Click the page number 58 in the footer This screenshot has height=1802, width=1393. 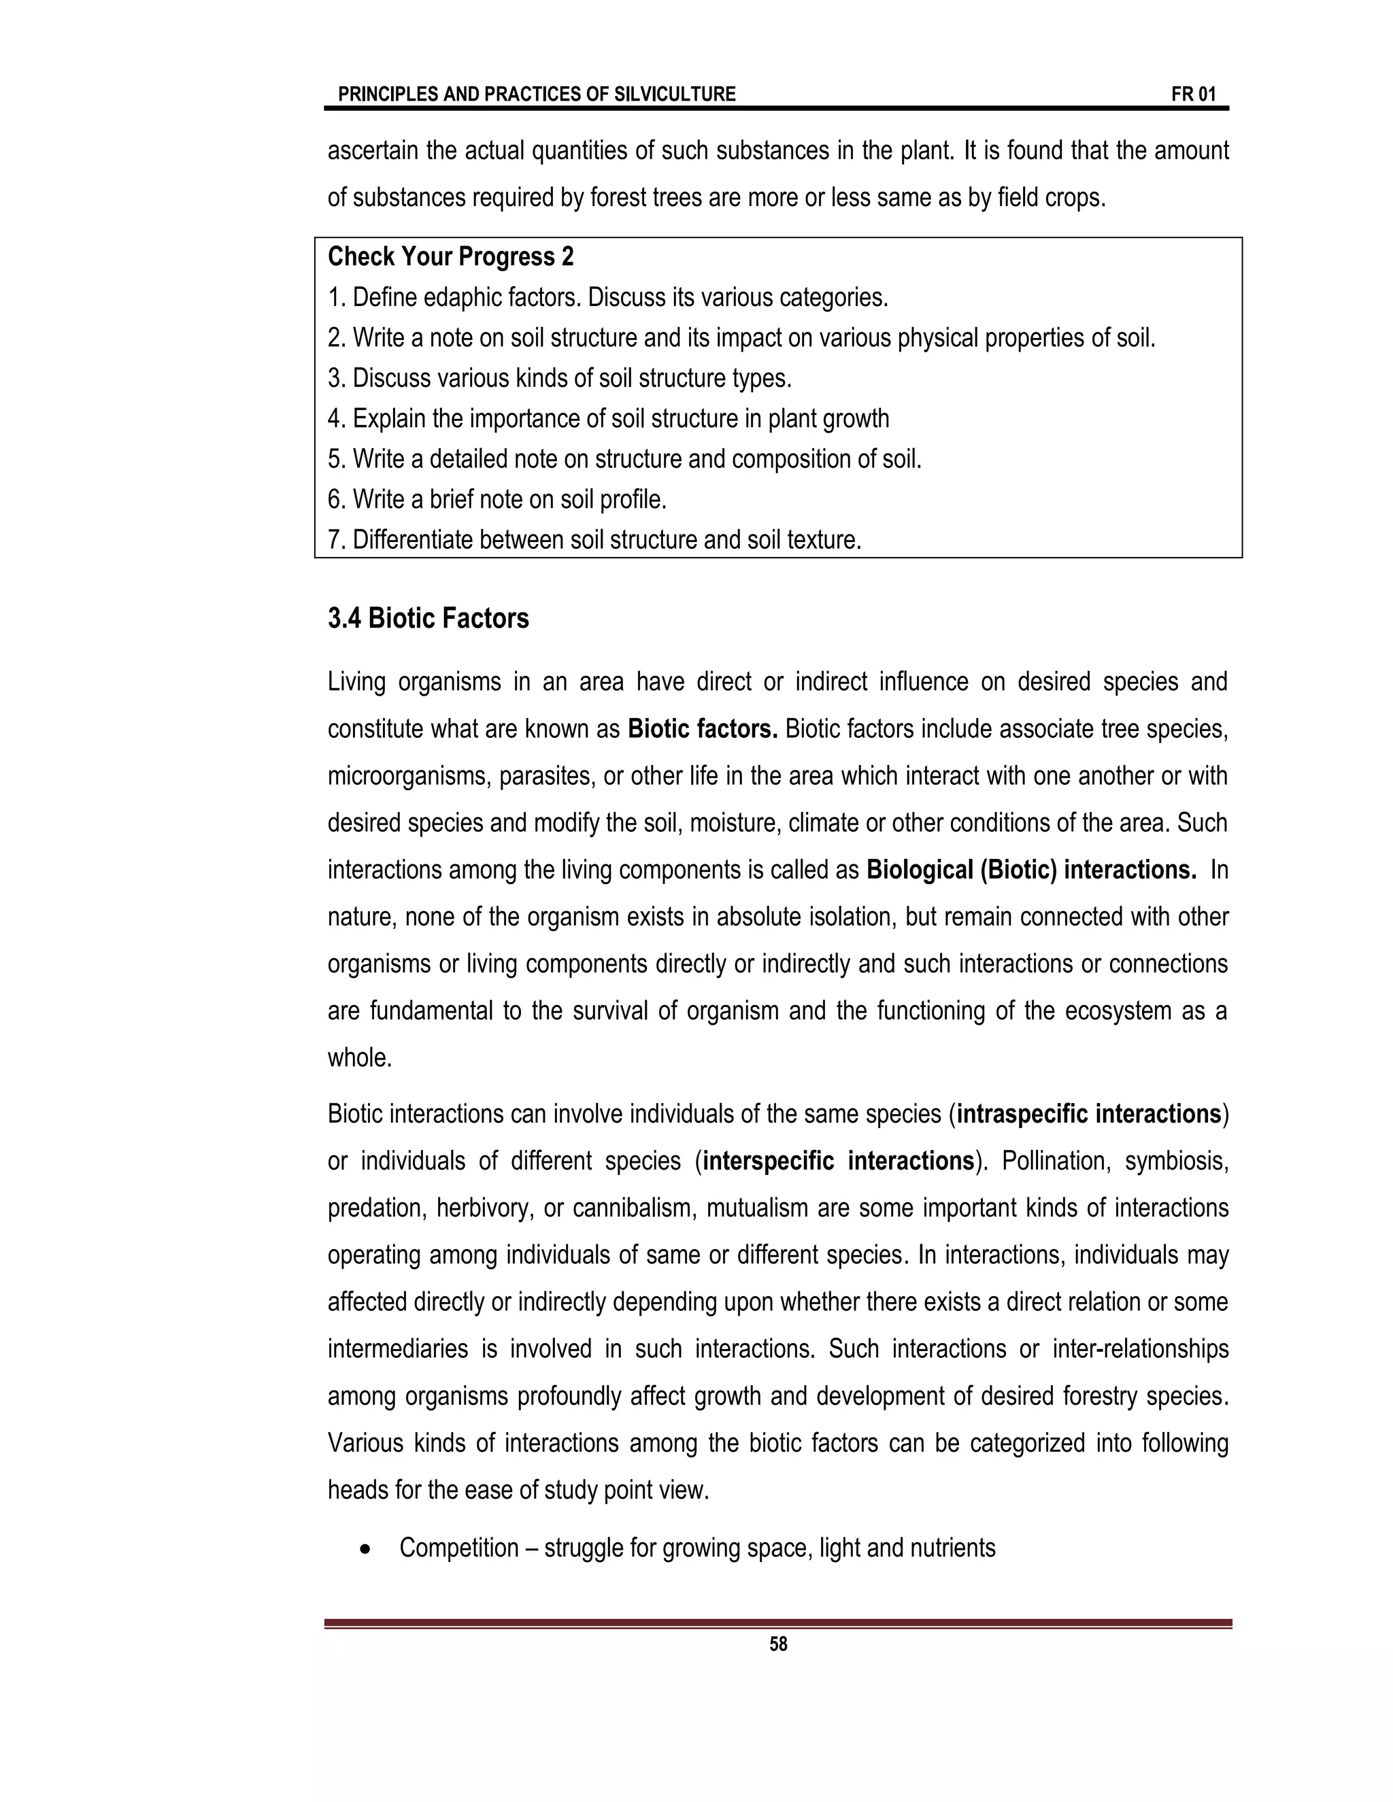777,1644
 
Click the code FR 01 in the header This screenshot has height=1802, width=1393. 1193,94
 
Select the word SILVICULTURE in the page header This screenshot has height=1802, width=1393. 674,94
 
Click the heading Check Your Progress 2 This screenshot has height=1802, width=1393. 450,256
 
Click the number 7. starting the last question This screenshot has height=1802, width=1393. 337,540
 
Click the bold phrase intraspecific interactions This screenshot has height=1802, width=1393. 1088,1114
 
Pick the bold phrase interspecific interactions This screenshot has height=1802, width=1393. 839,1161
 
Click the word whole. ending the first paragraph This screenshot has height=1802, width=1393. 360,1058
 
